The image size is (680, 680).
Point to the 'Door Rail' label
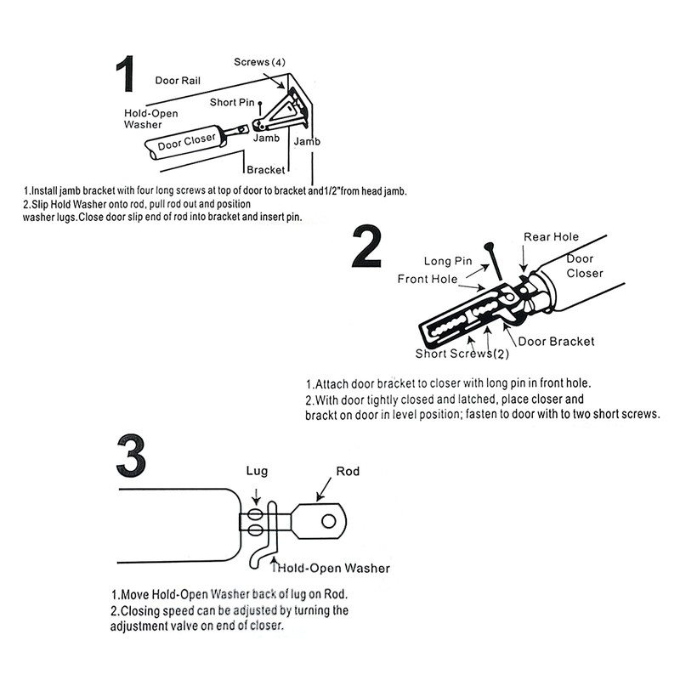(178, 81)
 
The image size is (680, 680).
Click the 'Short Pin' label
(232, 103)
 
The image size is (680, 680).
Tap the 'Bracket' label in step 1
(266, 170)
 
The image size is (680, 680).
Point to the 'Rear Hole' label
(551, 237)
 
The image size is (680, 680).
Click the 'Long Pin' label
(447, 261)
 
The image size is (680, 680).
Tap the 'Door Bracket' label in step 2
(556, 341)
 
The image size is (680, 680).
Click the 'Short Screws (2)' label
(462, 354)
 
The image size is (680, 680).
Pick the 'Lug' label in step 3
(257, 470)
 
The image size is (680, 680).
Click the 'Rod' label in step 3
(348, 470)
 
